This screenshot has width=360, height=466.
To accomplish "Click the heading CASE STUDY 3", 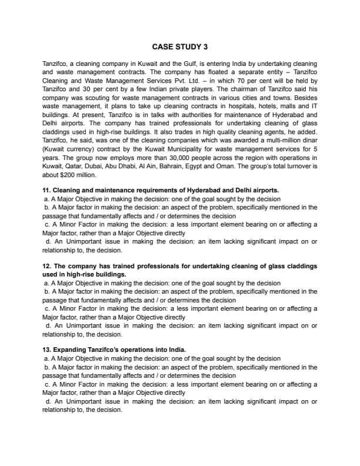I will [179, 46].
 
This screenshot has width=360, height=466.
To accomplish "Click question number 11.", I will [46, 191].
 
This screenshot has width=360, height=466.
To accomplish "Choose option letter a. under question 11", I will [46, 199].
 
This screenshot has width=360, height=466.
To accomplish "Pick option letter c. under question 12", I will [46, 309].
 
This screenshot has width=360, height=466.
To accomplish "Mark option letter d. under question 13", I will [47, 401].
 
